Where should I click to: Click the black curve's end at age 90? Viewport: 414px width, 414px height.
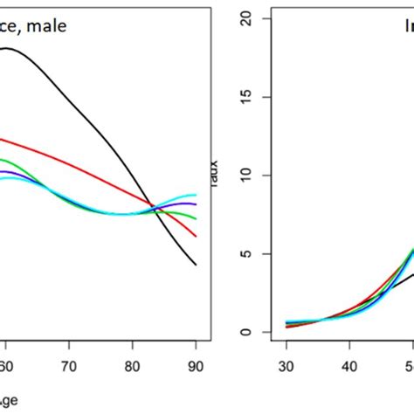pyautogui.click(x=196, y=265)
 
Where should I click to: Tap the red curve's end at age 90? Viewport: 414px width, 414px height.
pyautogui.click(x=196, y=236)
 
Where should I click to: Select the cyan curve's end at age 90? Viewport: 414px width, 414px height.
pyautogui.click(x=196, y=195)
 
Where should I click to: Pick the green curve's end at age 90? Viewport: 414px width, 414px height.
pyautogui.click(x=196, y=218)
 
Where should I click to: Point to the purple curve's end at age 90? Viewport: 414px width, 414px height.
pyautogui.click(x=196, y=204)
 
